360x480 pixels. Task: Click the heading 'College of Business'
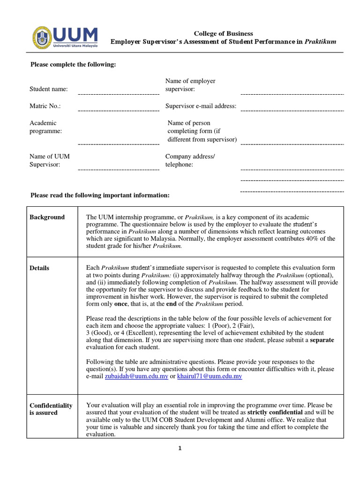pos(224,33)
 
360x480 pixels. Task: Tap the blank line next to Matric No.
pos(119,111)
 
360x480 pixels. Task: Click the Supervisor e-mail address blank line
pos(292,111)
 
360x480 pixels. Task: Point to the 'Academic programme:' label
pos(46,127)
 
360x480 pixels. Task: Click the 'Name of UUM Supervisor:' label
pos(49,160)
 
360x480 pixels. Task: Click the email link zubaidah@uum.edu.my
pos(136,376)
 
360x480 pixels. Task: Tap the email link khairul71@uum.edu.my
pos(210,376)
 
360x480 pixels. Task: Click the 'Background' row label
pos(47,217)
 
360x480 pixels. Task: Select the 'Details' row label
pos(39,268)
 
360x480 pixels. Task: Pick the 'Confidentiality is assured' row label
pos(51,409)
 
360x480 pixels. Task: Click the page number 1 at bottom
pos(179,448)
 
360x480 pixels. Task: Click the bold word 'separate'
pos(322,340)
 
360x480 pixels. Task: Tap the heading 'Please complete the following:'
pos(73,64)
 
